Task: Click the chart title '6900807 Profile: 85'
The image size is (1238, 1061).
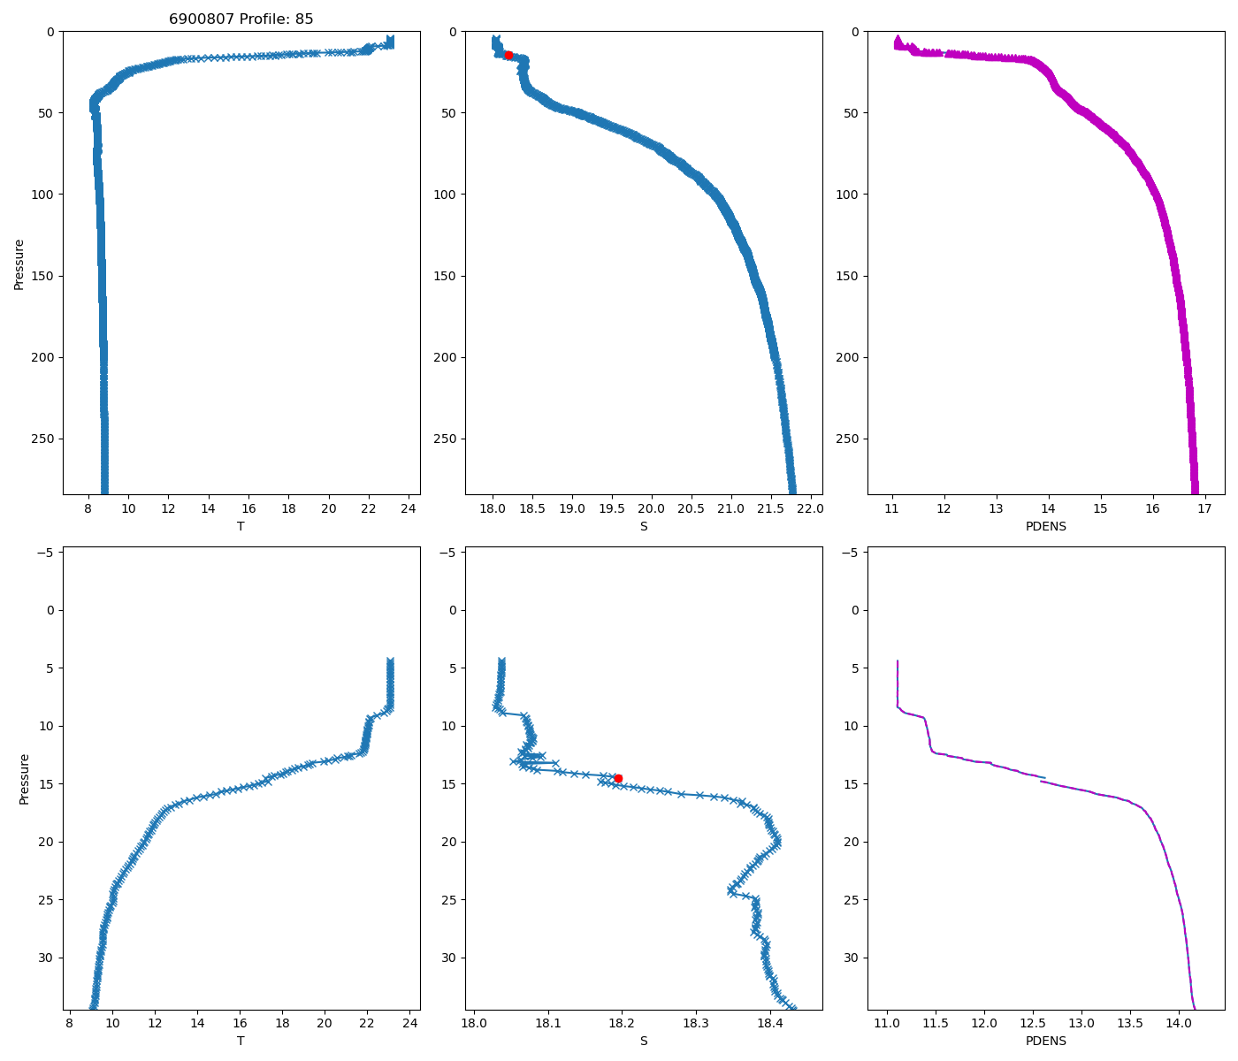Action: click(241, 19)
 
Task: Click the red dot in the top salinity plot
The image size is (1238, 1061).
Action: click(508, 55)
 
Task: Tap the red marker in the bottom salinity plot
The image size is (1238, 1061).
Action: click(618, 778)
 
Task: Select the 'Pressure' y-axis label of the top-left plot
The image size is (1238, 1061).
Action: click(19, 263)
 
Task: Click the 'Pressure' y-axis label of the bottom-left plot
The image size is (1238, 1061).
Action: click(25, 779)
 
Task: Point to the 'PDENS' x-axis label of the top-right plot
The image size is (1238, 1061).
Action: click(1045, 527)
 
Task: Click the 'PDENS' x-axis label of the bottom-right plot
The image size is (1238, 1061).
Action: click(1045, 1042)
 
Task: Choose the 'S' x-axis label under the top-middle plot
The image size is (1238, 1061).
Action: click(644, 527)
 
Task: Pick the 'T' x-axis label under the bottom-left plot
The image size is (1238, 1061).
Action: click(241, 1042)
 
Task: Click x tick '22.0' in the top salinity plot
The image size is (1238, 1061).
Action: click(810, 508)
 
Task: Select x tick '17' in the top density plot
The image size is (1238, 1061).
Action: click(1204, 508)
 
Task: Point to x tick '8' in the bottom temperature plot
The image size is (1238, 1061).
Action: click(70, 1024)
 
